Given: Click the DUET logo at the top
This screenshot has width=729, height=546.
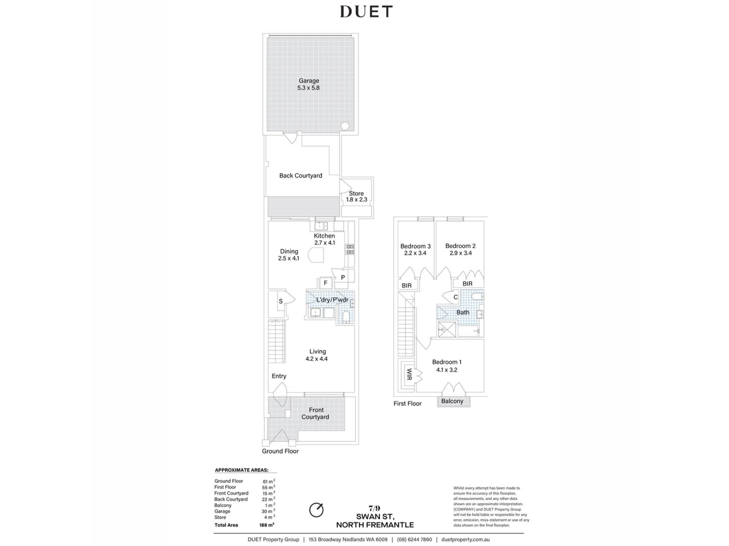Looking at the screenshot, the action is click(x=366, y=12).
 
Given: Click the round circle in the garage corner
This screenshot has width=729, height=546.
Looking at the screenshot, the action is click(x=345, y=126).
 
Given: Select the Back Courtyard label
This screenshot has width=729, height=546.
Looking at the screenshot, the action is click(x=301, y=176).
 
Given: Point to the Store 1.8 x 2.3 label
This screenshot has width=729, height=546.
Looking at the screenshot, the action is click(x=356, y=196).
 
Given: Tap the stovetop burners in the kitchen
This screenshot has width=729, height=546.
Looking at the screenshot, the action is click(x=350, y=249).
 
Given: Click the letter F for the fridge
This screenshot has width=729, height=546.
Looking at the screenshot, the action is click(x=325, y=283).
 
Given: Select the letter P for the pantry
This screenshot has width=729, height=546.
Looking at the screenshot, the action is click(x=343, y=278).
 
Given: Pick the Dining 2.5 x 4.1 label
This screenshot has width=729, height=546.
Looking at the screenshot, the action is click(x=289, y=255).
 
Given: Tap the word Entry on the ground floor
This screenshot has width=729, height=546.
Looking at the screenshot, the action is click(x=279, y=376).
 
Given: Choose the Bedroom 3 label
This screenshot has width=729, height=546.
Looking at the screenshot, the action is click(x=415, y=246).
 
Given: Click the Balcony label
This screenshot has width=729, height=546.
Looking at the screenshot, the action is click(x=452, y=401).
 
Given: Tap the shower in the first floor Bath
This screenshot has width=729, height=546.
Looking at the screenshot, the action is click(x=447, y=329).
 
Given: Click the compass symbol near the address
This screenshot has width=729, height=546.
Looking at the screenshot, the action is click(x=316, y=510).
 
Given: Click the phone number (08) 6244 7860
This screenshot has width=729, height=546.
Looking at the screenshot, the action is click(x=414, y=540).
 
